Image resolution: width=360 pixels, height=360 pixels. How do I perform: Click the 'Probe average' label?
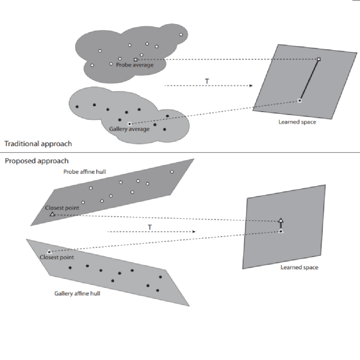tap(135, 65)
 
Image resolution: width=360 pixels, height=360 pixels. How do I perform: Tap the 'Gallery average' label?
tap(129, 129)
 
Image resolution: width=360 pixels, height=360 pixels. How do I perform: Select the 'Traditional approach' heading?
tap(38, 144)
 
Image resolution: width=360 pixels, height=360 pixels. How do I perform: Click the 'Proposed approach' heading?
tap(37, 161)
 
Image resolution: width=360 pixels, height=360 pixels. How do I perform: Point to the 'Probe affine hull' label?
tap(85, 171)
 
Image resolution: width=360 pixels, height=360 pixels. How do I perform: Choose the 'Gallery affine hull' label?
tap(77, 293)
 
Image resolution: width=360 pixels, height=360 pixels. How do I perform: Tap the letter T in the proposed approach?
tap(149, 227)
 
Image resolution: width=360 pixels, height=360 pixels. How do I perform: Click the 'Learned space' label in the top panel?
tap(297, 122)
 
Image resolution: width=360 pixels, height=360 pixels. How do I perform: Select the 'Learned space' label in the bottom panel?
tap(299, 267)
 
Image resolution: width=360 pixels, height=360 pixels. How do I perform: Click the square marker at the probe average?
tap(135, 59)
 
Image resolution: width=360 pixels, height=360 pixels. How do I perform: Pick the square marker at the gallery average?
tap(129, 124)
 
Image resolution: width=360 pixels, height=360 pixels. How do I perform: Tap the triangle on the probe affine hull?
tap(52, 214)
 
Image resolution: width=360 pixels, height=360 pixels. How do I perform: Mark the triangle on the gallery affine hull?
tap(49, 251)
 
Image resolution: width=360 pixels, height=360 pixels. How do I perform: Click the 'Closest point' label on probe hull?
tap(62, 208)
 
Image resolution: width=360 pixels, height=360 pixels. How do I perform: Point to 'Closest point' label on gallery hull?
tap(57, 258)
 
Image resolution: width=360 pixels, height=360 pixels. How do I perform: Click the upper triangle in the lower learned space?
tap(281, 220)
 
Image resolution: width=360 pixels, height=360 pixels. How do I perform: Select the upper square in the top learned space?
tap(319, 59)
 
